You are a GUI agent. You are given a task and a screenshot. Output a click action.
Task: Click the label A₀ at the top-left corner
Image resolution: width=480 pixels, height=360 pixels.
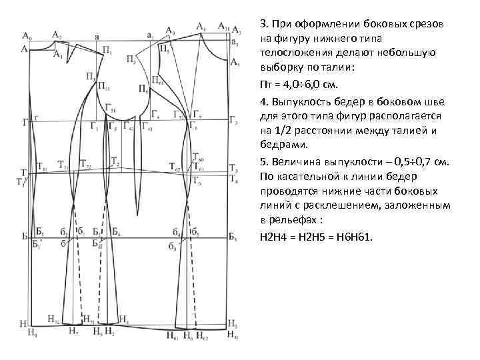coord(26,34)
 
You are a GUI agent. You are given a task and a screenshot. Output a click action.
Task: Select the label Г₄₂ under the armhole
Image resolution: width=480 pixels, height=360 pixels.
coord(131,128)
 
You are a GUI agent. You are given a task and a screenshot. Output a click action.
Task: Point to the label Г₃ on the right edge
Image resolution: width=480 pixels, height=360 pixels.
coord(233,121)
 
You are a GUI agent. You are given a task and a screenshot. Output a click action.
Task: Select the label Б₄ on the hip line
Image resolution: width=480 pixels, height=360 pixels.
coord(116,232)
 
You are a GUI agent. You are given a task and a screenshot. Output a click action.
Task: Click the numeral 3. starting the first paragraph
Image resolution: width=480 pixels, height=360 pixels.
coord(262,23)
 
